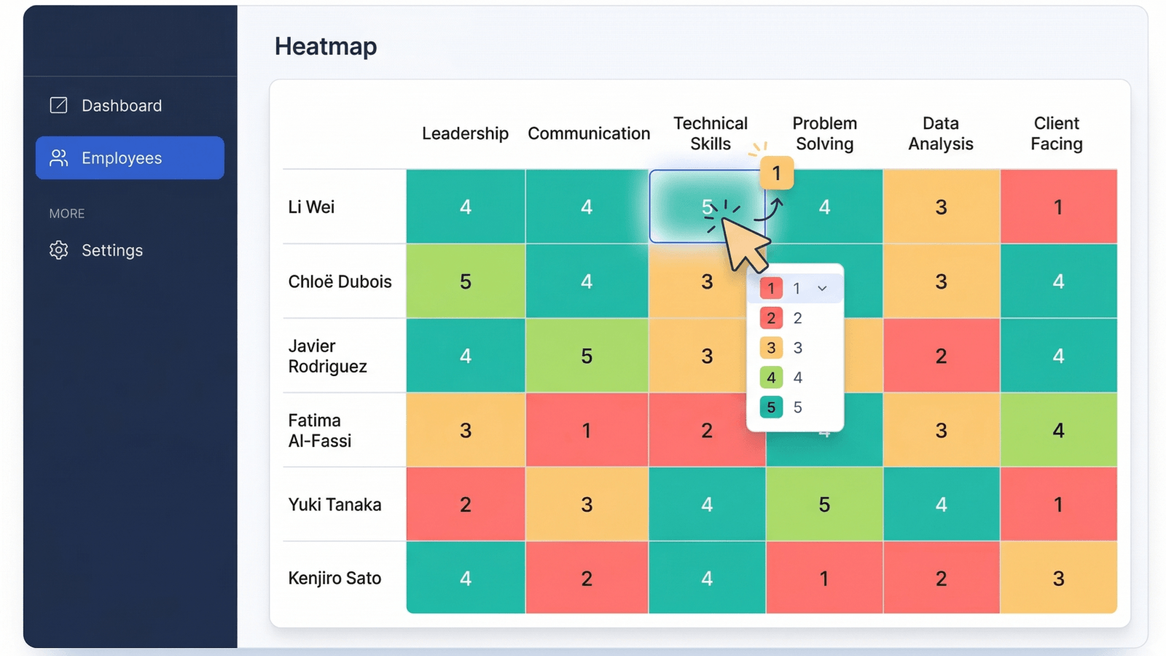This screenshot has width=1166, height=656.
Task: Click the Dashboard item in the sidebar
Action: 106,106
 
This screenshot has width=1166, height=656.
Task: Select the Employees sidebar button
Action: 130,157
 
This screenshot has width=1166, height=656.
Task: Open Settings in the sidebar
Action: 96,251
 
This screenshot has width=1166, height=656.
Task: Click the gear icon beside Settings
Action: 59,251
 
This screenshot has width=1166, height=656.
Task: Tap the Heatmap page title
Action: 326,47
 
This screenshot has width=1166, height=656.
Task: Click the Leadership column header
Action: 465,133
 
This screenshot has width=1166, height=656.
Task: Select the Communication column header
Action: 589,133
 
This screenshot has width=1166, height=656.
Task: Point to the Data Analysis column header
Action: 941,133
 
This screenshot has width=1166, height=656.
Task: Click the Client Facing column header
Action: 1057,133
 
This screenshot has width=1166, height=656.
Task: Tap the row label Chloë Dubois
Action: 340,281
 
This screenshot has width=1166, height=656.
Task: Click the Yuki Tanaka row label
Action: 334,504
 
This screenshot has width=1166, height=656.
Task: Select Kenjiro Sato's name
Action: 334,579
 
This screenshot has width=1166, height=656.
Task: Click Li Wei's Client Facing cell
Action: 1058,207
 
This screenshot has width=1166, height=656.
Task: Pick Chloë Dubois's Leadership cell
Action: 466,281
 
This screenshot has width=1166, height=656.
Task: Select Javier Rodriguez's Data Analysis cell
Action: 941,356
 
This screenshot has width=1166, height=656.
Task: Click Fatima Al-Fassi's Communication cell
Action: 587,430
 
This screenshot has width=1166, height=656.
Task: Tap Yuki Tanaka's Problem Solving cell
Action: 824,504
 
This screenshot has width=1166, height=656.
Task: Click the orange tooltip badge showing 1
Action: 777,173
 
